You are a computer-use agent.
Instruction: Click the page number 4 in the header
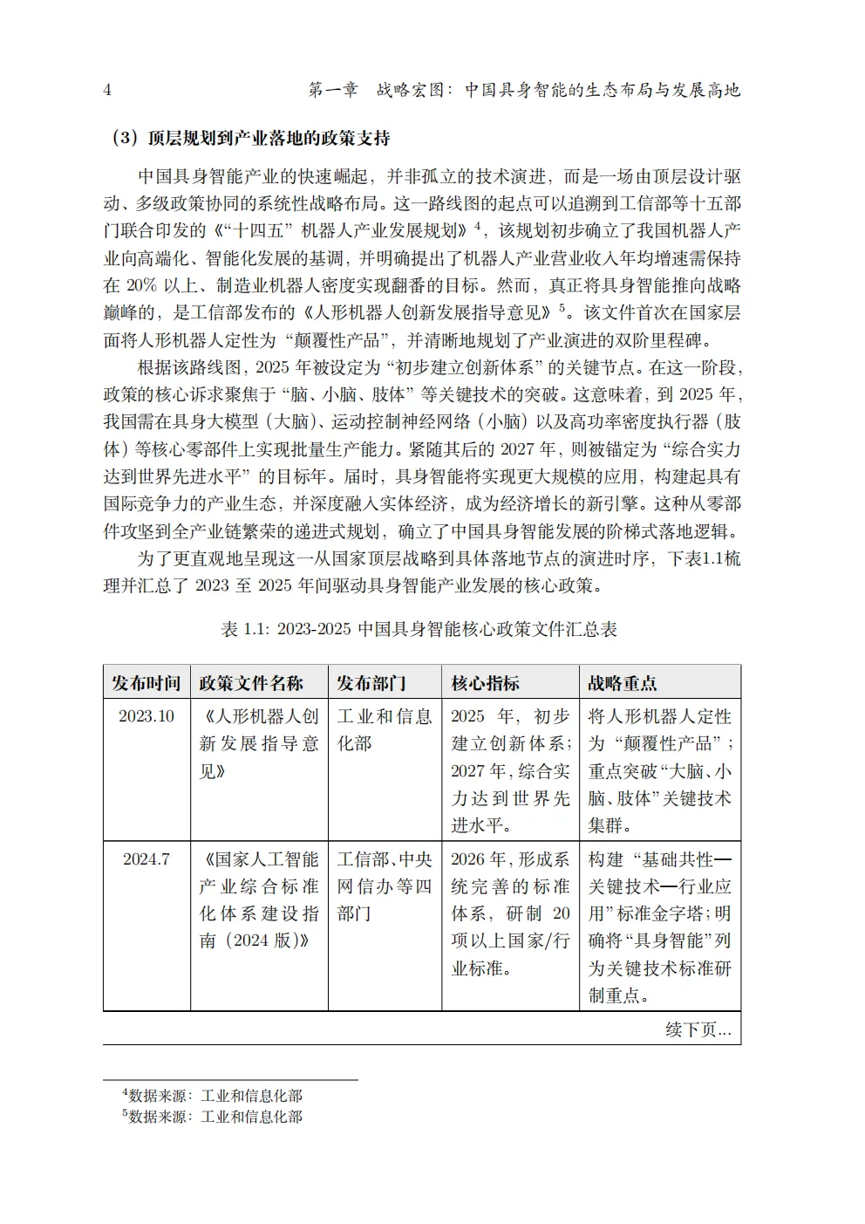click(107, 90)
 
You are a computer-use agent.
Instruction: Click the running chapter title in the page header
click(524, 90)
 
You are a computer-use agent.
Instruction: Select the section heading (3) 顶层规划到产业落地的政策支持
click(250, 138)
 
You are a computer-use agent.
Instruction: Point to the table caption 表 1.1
click(419, 629)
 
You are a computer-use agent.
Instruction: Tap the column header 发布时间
click(146, 683)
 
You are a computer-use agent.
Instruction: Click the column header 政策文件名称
click(251, 683)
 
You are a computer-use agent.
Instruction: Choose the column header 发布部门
click(372, 683)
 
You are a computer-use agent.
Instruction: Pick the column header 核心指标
click(485, 683)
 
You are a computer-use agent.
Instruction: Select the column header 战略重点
click(623, 683)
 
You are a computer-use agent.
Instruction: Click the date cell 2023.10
click(146, 716)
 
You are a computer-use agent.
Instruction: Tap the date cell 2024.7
click(146, 859)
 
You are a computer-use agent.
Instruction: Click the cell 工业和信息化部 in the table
click(384, 729)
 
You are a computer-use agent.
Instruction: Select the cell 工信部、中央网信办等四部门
click(384, 886)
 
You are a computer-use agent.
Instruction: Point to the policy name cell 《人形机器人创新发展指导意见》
click(259, 743)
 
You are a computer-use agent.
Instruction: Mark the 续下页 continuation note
click(698, 1029)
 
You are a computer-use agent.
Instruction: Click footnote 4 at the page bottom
click(213, 1096)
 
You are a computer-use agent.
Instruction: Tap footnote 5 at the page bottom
click(213, 1117)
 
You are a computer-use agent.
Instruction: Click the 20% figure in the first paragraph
click(142, 285)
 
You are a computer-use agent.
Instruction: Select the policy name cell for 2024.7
click(259, 899)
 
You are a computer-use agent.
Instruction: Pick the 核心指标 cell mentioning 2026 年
click(510, 913)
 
